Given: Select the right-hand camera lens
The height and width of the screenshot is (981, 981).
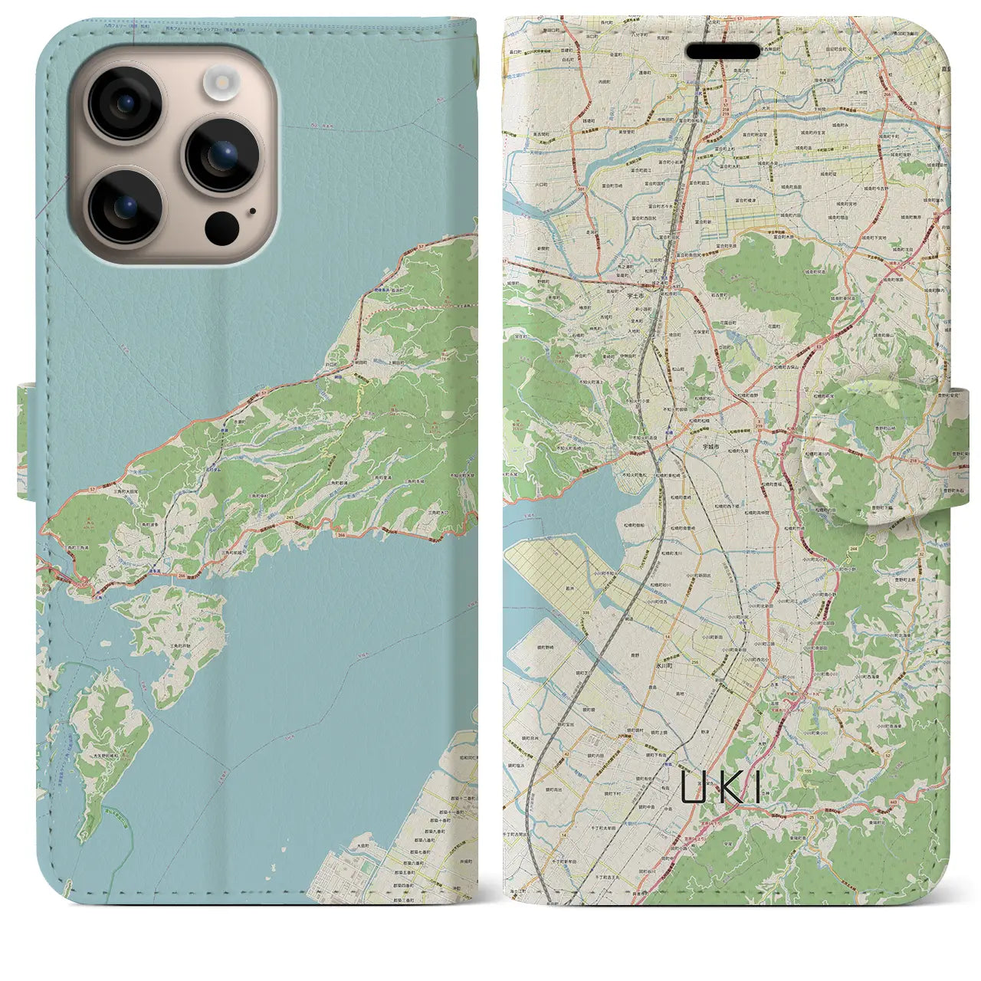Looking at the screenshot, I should pos(221,156).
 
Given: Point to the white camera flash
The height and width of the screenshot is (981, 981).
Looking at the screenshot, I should pos(221,82).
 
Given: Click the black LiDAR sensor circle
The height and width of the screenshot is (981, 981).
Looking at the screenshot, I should pos(221,226).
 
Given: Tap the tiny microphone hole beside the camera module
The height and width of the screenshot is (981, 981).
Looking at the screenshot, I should pos(253,212).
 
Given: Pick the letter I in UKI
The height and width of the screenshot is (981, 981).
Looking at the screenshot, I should pos(758,787).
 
